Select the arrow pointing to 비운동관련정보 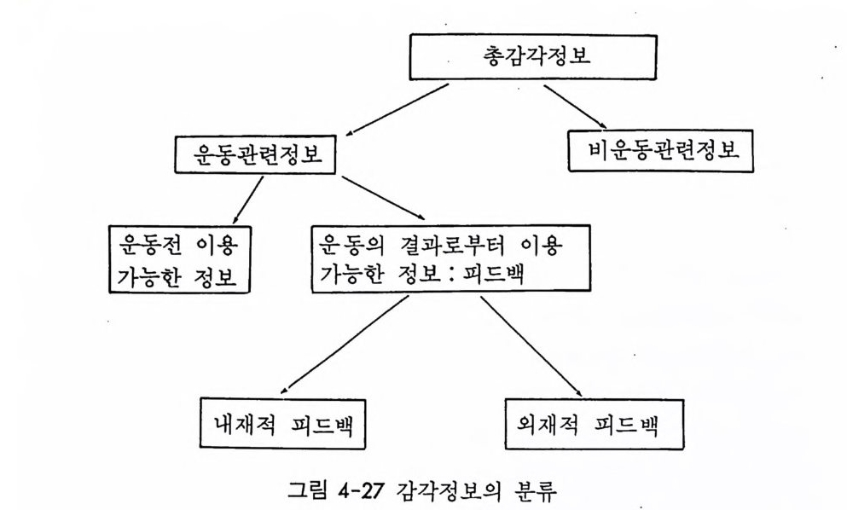point(575,107)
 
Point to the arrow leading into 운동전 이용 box point(248,200)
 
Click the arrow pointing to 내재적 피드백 point(345,345)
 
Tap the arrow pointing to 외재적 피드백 point(531,346)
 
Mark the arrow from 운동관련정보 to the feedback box point(384,198)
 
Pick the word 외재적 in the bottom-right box point(548,424)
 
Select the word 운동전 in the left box point(149,246)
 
